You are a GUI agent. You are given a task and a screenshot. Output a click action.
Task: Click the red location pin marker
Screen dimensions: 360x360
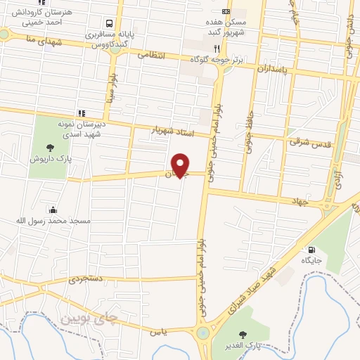click(x=181, y=165)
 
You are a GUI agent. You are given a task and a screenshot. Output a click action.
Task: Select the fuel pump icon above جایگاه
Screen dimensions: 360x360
click(x=311, y=250)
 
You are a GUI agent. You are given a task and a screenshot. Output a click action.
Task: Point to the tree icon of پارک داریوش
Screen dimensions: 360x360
click(x=50, y=147)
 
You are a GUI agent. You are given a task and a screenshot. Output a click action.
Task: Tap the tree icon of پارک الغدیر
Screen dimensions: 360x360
click(x=244, y=333)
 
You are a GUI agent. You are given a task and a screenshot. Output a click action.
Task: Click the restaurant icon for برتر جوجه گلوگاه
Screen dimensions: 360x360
click(x=218, y=49)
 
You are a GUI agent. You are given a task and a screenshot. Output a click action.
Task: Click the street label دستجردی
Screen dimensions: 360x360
click(x=85, y=280)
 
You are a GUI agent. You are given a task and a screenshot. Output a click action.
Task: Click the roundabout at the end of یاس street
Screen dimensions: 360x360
click(x=203, y=333)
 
